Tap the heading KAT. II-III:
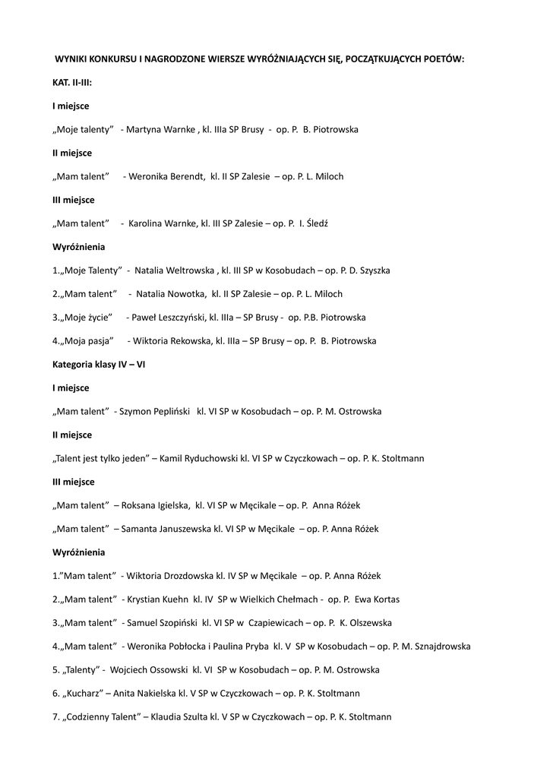point(72,82)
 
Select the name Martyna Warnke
point(160,129)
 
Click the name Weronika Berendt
point(166,176)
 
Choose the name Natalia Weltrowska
point(175,270)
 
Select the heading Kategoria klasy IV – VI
point(99,365)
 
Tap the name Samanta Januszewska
point(167,530)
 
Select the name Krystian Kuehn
point(157,600)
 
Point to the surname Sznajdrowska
point(440,647)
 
